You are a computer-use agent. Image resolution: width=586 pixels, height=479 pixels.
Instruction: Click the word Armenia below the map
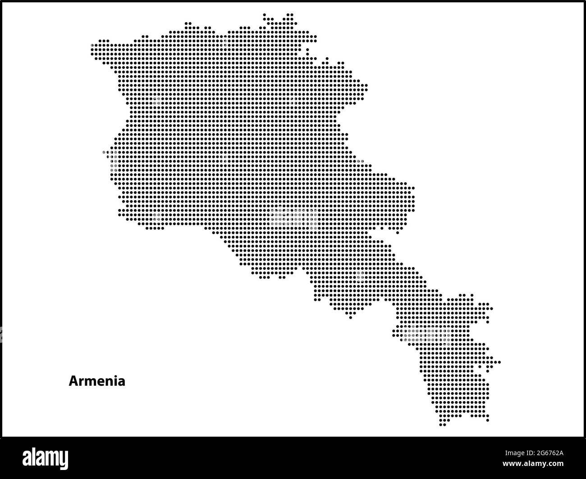tap(97, 381)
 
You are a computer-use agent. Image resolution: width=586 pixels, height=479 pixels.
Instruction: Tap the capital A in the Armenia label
tap(73, 381)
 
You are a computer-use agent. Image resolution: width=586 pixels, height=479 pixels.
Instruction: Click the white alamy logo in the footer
tap(46, 458)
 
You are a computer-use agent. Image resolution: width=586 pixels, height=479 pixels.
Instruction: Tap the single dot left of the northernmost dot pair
tap(265, 15)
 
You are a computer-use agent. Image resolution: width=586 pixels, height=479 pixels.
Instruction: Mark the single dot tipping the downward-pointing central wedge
tap(351, 318)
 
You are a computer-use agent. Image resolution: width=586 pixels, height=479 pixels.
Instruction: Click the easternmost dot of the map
tap(499, 362)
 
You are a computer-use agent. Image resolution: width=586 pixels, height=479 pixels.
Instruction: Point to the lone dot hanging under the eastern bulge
tap(397, 232)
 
